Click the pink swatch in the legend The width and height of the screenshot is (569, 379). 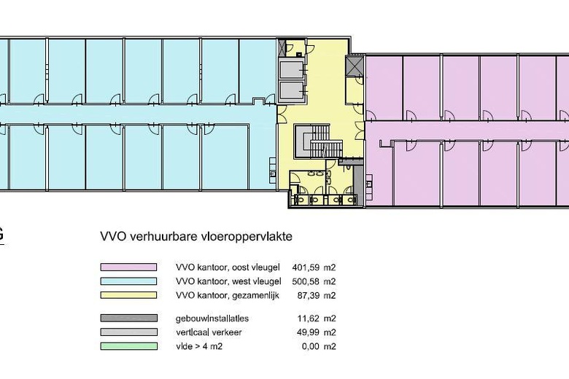coord(128,267)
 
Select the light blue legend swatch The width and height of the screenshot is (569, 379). coord(128,281)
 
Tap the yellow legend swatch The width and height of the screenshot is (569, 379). coord(128,295)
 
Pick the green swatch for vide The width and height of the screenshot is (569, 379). coord(129,346)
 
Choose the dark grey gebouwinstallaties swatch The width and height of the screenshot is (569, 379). coord(129,318)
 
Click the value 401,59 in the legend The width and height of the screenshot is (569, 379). coord(306,267)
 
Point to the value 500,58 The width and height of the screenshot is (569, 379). coord(306,281)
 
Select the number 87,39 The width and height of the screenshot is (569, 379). coord(309,296)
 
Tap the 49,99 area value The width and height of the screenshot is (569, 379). coord(309,332)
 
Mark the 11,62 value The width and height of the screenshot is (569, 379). coord(309,319)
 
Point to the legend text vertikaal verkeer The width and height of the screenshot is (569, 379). coord(209,332)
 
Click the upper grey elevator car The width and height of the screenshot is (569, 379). coord(291,70)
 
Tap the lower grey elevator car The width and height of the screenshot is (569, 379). coord(291,90)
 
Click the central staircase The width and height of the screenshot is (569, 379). coord(318,141)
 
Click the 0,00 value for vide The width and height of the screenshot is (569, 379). coord(311,347)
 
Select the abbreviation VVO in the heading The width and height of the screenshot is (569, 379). coord(113,236)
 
